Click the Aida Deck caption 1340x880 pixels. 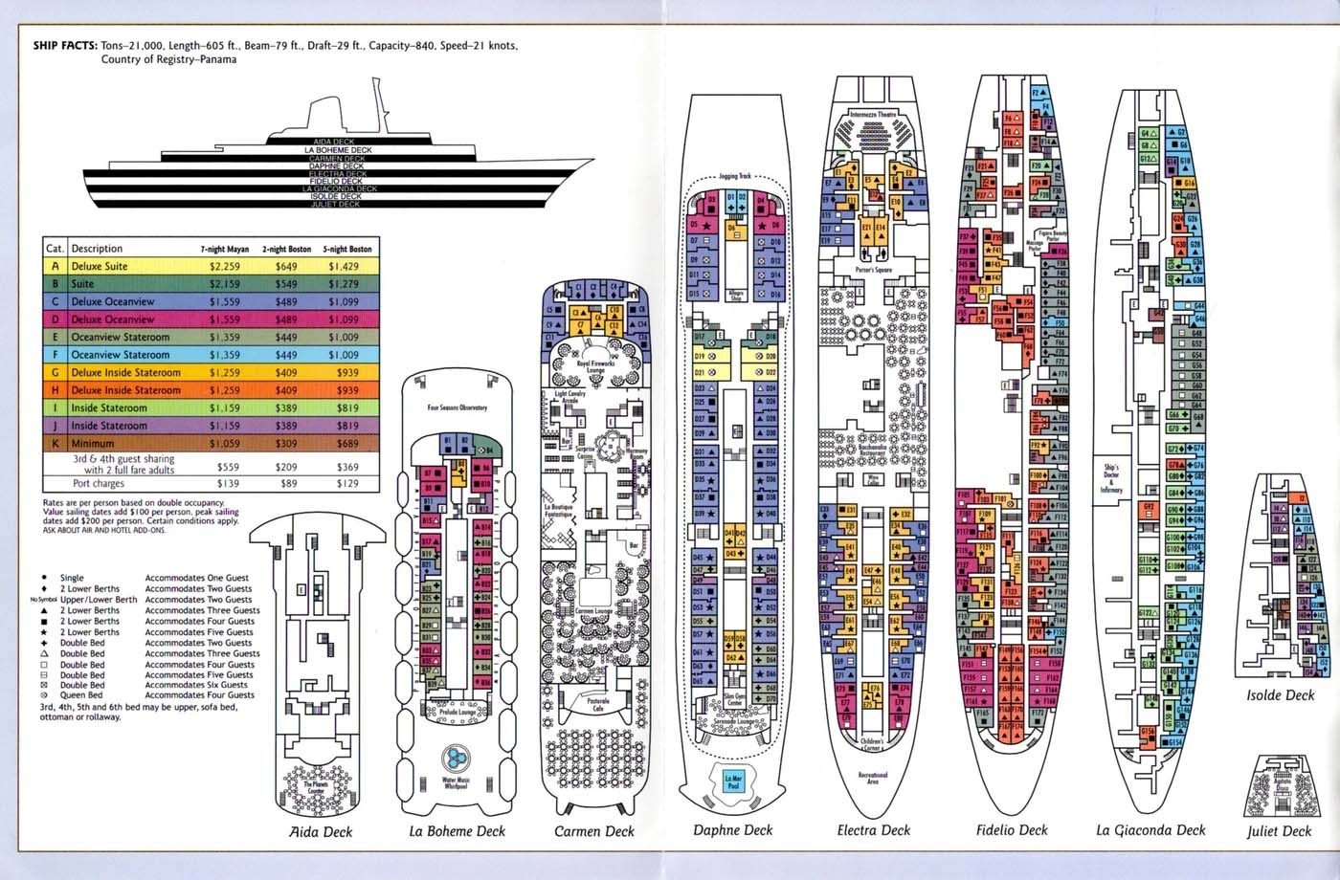pyautogui.click(x=321, y=831)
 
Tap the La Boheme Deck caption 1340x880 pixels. pyautogui.click(x=457, y=830)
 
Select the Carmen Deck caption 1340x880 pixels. pyautogui.click(x=594, y=831)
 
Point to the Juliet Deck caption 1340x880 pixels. pyautogui.click(x=1279, y=831)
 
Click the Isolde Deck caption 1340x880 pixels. pyautogui.click(x=1280, y=695)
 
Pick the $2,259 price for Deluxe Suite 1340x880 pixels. pyautogui.click(x=225, y=267)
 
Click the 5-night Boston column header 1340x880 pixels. pyautogui.click(x=346, y=249)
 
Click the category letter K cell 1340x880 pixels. pyautogui.click(x=55, y=443)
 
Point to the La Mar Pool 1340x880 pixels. pyautogui.click(x=734, y=780)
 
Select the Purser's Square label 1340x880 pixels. pyautogui.click(x=873, y=271)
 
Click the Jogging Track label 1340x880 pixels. pyautogui.click(x=736, y=177)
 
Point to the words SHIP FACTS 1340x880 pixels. pyautogui.click(x=64, y=45)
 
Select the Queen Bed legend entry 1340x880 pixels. pyautogui.click(x=82, y=695)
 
